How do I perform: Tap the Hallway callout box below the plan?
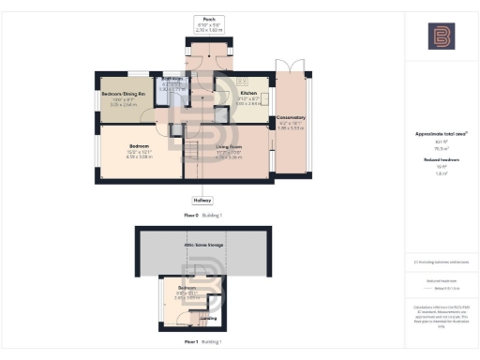[x=202, y=201]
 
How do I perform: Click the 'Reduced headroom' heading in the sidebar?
[x=441, y=160]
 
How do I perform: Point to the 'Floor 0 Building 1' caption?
[x=202, y=216]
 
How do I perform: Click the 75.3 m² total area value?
[x=441, y=147]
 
